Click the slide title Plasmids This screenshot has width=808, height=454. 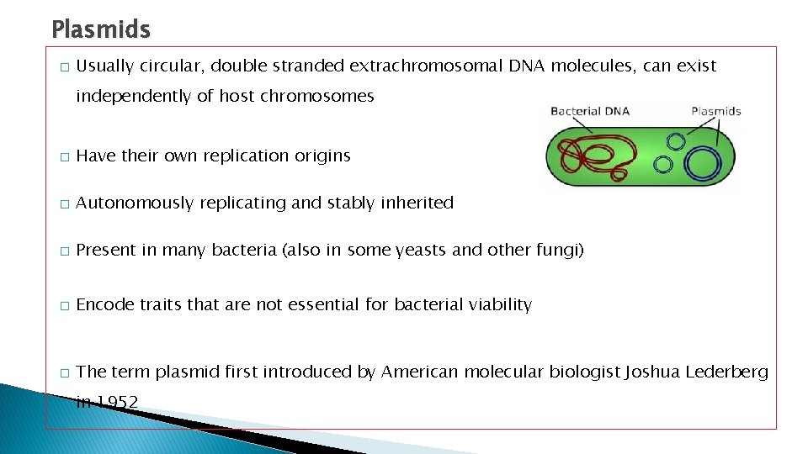[101, 30]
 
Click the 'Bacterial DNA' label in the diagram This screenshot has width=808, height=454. [589, 111]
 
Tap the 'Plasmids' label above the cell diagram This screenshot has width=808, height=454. [715, 111]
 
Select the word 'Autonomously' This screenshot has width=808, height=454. [135, 203]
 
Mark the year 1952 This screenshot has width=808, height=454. [117, 403]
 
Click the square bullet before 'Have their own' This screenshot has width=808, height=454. [63, 157]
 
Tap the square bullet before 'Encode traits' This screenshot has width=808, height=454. [63, 306]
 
